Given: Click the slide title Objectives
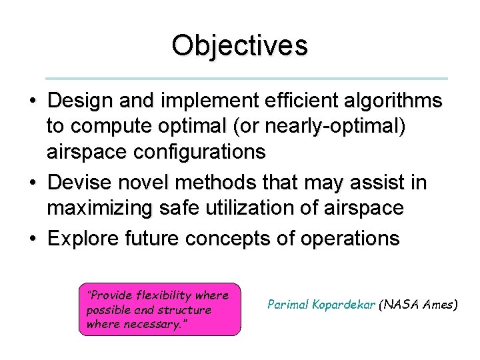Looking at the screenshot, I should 239,46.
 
